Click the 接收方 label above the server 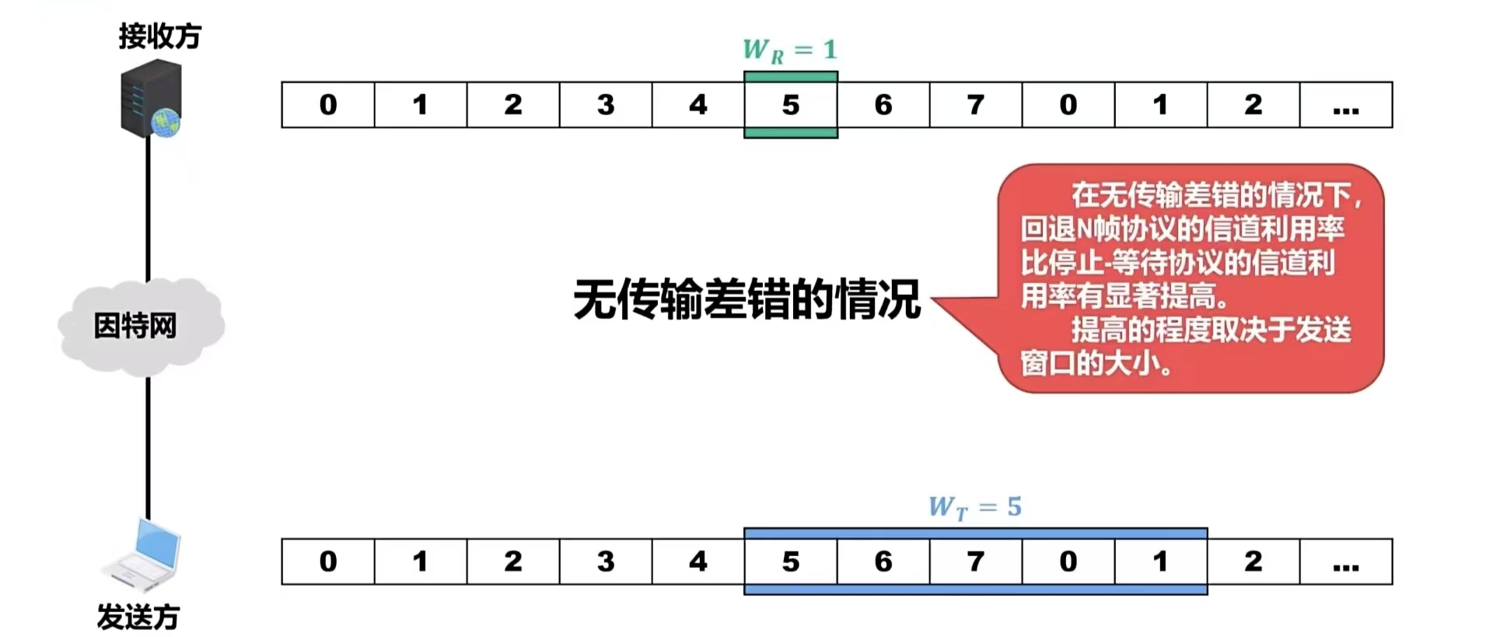point(159,36)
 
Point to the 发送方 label point(138,617)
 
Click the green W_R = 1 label point(789,51)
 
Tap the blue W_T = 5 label point(974,508)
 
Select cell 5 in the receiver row point(791,105)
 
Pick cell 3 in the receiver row point(606,105)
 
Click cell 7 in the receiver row point(976,105)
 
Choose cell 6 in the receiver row point(883,105)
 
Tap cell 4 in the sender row point(698,562)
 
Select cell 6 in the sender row point(883,562)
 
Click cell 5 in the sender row point(791,562)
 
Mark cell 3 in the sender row point(606,562)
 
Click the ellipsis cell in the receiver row point(1346,105)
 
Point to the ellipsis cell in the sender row point(1346,562)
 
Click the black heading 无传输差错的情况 point(746,299)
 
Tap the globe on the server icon point(166,123)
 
